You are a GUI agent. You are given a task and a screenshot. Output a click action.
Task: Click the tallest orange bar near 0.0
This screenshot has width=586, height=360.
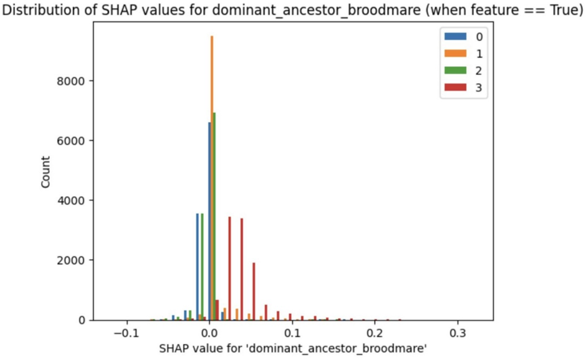coord(211,178)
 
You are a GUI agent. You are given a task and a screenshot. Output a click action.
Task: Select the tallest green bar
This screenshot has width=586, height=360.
coord(214,216)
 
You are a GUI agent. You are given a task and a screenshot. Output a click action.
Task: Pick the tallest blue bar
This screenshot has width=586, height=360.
coord(209,221)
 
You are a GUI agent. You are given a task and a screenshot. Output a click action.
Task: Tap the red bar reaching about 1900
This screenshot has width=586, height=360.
coord(254,291)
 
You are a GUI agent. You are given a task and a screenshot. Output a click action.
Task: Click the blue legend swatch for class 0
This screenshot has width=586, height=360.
coord(455,36)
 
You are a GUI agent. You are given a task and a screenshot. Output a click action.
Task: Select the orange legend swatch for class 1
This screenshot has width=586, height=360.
coord(455,54)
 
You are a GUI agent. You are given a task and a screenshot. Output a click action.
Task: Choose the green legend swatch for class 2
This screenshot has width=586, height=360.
coord(455,71)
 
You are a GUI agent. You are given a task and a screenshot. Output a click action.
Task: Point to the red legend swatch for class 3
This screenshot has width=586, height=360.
coord(455,87)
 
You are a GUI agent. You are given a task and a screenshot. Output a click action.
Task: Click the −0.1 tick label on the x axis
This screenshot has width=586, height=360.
coord(127,333)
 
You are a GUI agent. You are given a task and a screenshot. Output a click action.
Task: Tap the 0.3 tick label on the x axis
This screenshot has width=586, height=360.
coord(458,333)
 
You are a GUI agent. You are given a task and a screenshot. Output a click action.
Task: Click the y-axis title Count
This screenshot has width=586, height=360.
coord(46,172)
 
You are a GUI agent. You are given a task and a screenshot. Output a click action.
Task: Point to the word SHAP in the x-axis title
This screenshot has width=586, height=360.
coord(174,348)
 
